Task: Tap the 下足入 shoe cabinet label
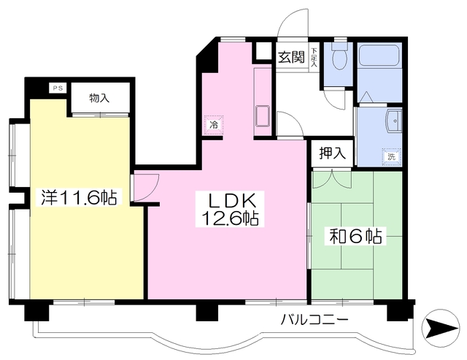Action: (x=314, y=58)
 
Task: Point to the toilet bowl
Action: (x=339, y=57)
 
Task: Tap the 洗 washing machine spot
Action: (x=392, y=156)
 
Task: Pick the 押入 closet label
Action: (x=332, y=154)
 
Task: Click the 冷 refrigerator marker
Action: (x=214, y=125)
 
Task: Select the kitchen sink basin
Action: (x=262, y=116)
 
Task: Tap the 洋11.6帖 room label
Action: (x=79, y=197)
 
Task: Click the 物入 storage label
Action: (x=101, y=98)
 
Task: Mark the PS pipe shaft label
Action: (x=57, y=88)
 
